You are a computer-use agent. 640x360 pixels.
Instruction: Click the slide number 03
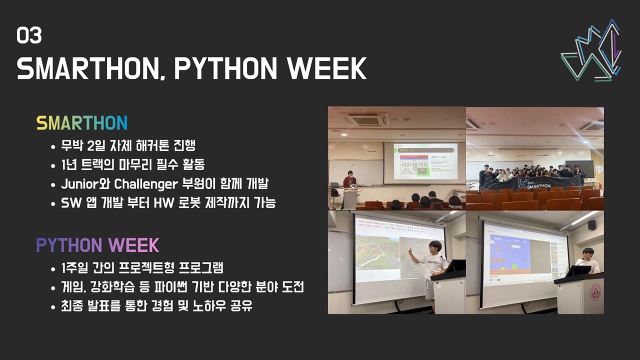point(29,35)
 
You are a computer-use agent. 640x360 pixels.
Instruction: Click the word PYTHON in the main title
point(231,68)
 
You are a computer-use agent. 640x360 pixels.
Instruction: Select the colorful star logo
point(591,51)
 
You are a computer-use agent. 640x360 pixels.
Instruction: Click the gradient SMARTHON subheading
point(81,123)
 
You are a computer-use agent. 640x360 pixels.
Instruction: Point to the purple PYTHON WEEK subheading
point(97,245)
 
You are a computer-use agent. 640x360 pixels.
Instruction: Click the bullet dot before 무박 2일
point(53,147)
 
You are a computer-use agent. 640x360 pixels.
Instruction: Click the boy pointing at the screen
point(433,267)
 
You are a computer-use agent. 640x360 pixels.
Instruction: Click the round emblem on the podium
point(595,292)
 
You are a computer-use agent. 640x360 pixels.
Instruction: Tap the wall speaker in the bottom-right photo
point(592,225)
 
